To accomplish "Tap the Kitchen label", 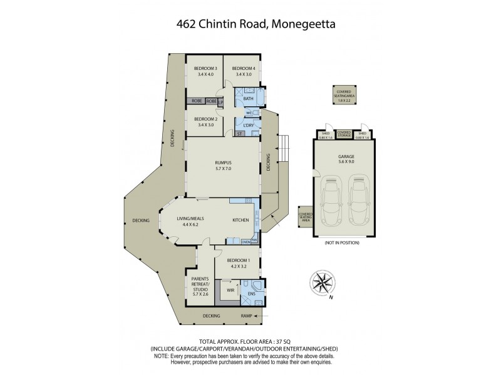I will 241,221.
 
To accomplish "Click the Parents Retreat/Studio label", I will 200,285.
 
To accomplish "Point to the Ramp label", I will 247,316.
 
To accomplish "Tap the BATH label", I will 248,98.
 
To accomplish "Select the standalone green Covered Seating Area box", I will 344,96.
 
